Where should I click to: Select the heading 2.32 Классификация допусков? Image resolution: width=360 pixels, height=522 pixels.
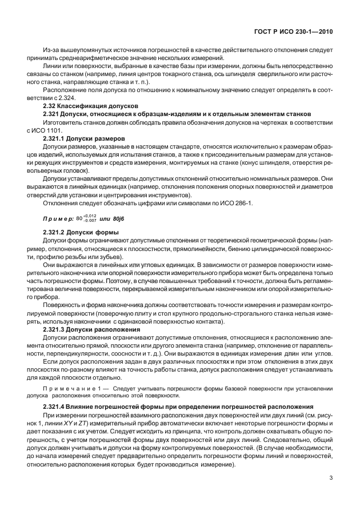coord(91,106)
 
